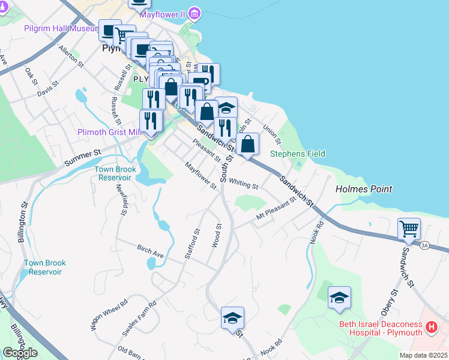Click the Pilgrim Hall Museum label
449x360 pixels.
[60, 28]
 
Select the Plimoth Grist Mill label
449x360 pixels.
[108, 132]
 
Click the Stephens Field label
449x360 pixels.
[298, 154]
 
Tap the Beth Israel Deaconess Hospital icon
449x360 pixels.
[430, 328]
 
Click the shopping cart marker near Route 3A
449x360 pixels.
[409, 229]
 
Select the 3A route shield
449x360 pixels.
[425, 245]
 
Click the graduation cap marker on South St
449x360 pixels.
[232, 318]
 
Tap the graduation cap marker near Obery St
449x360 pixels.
[339, 298]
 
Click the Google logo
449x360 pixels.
[20, 353]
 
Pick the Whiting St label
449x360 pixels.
[243, 183]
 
